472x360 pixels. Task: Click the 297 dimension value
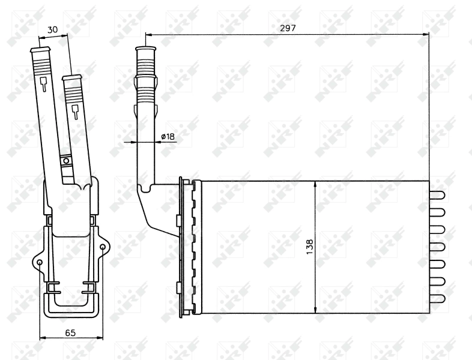point(288,28)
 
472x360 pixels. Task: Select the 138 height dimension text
point(309,247)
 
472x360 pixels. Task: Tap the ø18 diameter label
point(168,137)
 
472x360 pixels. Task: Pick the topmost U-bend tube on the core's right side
point(437,195)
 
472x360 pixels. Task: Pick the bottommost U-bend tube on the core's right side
point(437,298)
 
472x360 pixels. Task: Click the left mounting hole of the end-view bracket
point(40,263)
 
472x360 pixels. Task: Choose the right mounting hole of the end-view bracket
point(103,247)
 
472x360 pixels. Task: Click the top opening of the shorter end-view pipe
point(72,77)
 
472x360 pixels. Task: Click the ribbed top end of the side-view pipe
point(146,57)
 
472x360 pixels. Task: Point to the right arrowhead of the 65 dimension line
point(100,338)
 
